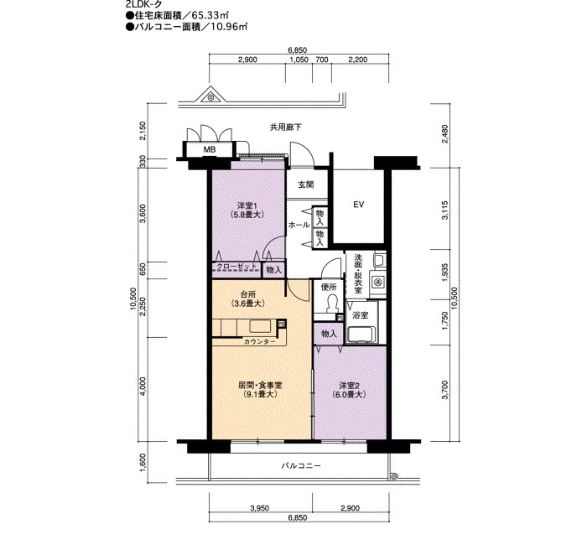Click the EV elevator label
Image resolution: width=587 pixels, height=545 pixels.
click(x=359, y=205)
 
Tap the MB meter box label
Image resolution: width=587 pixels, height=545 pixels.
click(x=210, y=150)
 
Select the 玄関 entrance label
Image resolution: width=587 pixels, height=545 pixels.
click(x=306, y=184)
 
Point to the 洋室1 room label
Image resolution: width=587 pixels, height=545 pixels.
click(x=247, y=205)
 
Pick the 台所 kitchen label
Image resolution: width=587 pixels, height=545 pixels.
click(x=248, y=294)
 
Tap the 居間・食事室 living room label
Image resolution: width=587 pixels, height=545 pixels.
click(x=260, y=385)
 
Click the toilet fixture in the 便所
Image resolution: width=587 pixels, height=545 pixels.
click(x=332, y=304)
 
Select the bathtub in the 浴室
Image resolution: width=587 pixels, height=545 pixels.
click(x=361, y=334)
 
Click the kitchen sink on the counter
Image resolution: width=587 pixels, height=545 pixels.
click(x=260, y=326)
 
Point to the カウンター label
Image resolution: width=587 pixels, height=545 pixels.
click(x=260, y=341)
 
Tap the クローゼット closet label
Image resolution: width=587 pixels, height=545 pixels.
click(x=236, y=267)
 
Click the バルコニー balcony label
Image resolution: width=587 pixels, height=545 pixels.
click(x=301, y=466)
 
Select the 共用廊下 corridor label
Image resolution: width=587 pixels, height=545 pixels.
click(x=286, y=127)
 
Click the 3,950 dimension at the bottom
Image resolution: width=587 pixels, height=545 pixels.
click(x=259, y=508)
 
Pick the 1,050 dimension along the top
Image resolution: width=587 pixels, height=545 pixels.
click(x=299, y=60)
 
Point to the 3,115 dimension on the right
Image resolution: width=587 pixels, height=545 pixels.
click(x=444, y=210)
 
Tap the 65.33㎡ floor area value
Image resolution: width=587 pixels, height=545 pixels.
click(x=210, y=16)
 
